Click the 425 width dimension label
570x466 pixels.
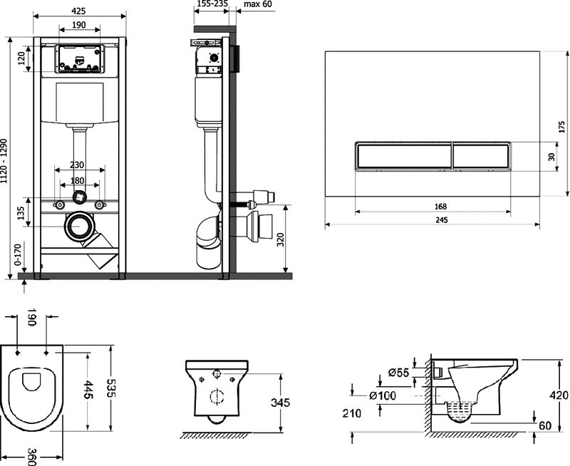(78, 11)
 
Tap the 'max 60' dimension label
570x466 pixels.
(257, 4)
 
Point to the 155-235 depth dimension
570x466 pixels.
(212, 4)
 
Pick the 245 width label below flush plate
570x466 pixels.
(441, 220)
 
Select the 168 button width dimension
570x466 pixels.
(440, 207)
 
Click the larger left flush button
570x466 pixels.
(403, 155)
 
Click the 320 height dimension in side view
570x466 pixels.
(280, 239)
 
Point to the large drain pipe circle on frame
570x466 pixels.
(79, 227)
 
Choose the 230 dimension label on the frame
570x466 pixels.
(77, 165)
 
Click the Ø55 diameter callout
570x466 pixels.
(398, 373)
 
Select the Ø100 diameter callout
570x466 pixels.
(383, 395)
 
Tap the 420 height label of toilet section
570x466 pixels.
(559, 395)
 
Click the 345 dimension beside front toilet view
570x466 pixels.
(280, 403)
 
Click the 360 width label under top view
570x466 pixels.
(32, 456)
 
